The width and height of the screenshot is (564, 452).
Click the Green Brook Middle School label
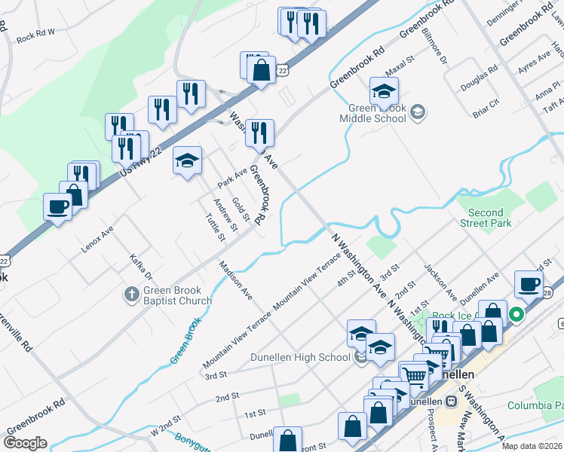[372, 113]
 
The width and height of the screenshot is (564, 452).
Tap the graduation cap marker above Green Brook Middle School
[385, 92]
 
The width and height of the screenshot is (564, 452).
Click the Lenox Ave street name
[97, 238]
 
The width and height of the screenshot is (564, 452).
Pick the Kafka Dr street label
[141, 266]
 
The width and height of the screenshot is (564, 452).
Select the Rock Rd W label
[36, 36]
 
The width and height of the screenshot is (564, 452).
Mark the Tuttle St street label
[216, 228]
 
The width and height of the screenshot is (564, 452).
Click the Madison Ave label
[237, 279]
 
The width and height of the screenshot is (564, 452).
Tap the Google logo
[26, 442]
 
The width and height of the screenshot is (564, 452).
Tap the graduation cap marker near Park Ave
[187, 160]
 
